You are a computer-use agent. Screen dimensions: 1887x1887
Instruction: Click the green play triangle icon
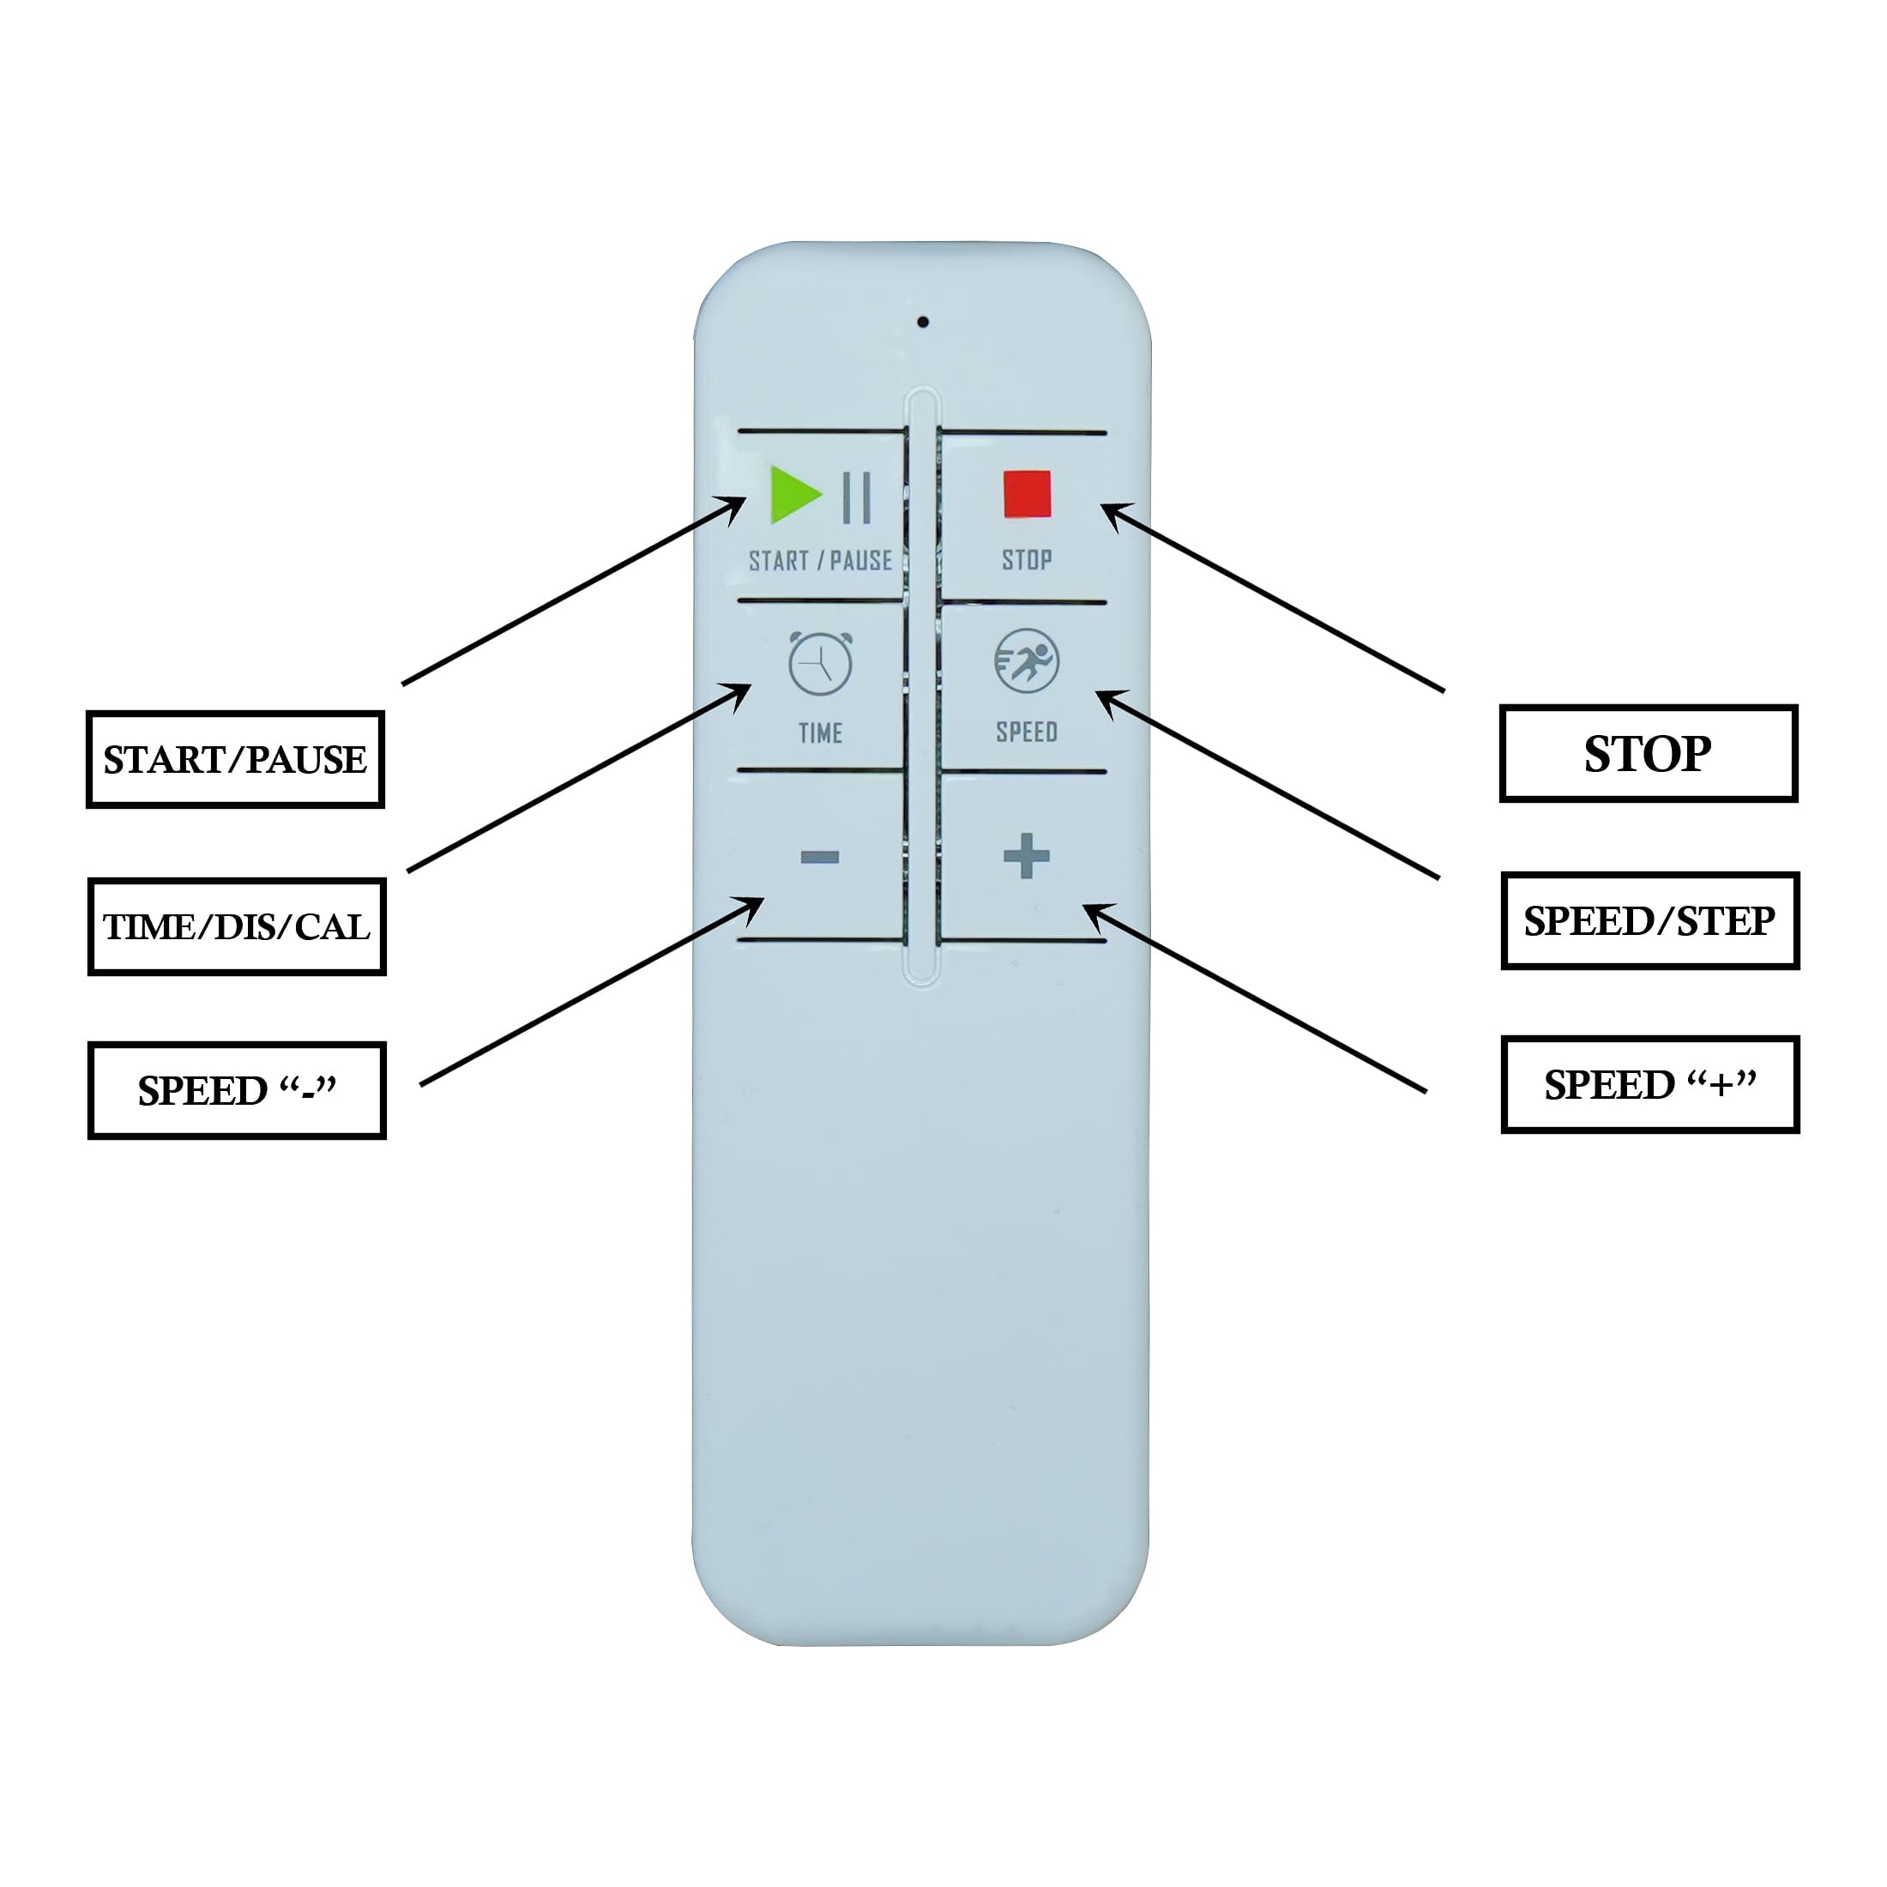pyautogui.click(x=792, y=494)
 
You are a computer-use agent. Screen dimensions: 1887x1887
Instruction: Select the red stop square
pyautogui.click(x=1027, y=494)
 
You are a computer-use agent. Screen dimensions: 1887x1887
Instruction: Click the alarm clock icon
pyautogui.click(x=821, y=664)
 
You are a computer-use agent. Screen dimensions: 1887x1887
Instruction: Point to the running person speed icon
pyautogui.click(x=1027, y=661)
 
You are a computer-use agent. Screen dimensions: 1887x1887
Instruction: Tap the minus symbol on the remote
pyautogui.click(x=819, y=858)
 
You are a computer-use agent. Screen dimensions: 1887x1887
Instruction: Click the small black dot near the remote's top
pyautogui.click(x=923, y=322)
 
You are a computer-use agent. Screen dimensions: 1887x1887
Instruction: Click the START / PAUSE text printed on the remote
pyautogui.click(x=821, y=561)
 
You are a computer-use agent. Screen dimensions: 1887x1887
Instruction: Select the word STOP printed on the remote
pyautogui.click(x=1027, y=559)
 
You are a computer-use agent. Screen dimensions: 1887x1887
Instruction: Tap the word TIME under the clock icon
pyautogui.click(x=821, y=732)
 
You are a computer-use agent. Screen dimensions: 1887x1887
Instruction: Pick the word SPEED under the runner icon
pyautogui.click(x=1027, y=732)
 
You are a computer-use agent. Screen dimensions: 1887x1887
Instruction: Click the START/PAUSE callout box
pyautogui.click(x=235, y=759)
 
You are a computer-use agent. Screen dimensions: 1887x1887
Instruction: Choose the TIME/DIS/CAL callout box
pyautogui.click(x=238, y=926)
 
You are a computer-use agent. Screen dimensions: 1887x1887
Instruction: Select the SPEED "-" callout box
pyautogui.click(x=238, y=1090)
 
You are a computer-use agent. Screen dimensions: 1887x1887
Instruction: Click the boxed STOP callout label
pyautogui.click(x=1649, y=753)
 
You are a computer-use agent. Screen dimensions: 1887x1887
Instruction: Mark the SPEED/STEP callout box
pyautogui.click(x=1649, y=920)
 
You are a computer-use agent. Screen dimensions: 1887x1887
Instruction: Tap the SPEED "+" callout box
pyautogui.click(x=1649, y=1084)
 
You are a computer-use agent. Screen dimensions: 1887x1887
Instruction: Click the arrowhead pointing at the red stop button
pyautogui.click(x=1113, y=511)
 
